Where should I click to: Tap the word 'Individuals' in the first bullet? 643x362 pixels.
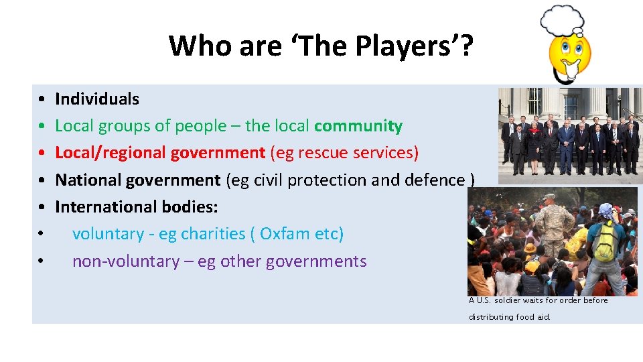[x=97, y=99]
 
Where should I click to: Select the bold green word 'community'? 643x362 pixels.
[x=358, y=126]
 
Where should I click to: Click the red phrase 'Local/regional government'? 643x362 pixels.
[x=160, y=153]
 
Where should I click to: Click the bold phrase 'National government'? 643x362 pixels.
[x=137, y=180]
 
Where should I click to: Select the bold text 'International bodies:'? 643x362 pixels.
[x=137, y=206]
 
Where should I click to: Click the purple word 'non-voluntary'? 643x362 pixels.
[x=125, y=261]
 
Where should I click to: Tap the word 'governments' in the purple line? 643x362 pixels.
[x=316, y=261]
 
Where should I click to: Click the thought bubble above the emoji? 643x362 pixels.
[x=563, y=19]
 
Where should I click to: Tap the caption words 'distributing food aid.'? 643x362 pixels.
[x=510, y=316]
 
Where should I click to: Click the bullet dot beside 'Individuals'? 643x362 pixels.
[x=42, y=99]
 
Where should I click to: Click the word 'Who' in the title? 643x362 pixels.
[x=193, y=46]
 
